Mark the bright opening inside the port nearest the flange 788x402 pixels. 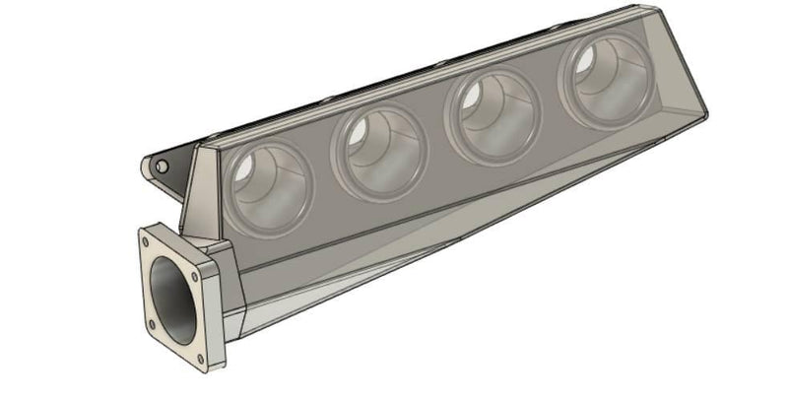click(x=247, y=171)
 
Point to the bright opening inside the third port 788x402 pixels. click(x=472, y=99)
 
